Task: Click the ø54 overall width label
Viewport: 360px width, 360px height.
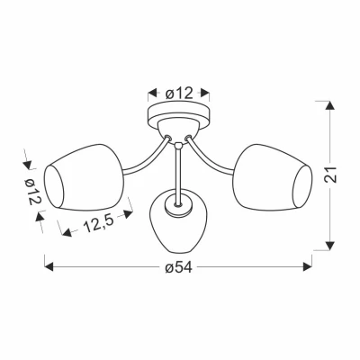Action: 178,267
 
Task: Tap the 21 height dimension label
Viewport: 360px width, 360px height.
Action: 330,175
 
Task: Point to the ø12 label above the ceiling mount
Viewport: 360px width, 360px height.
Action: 179,94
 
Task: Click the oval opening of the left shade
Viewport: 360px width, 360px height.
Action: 54,186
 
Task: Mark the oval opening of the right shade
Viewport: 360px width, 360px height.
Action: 302,186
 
